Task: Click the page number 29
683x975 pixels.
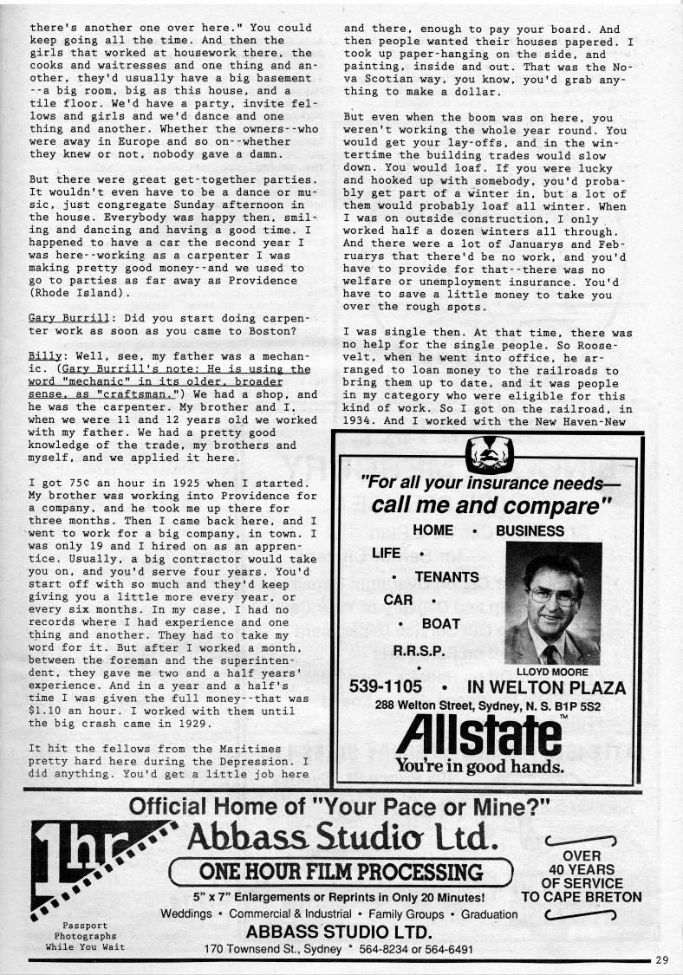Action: tap(663, 959)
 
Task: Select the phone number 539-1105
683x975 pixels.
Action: tap(387, 687)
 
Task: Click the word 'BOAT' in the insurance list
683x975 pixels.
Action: tap(440, 622)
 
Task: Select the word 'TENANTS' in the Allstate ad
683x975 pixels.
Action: tap(446, 575)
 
